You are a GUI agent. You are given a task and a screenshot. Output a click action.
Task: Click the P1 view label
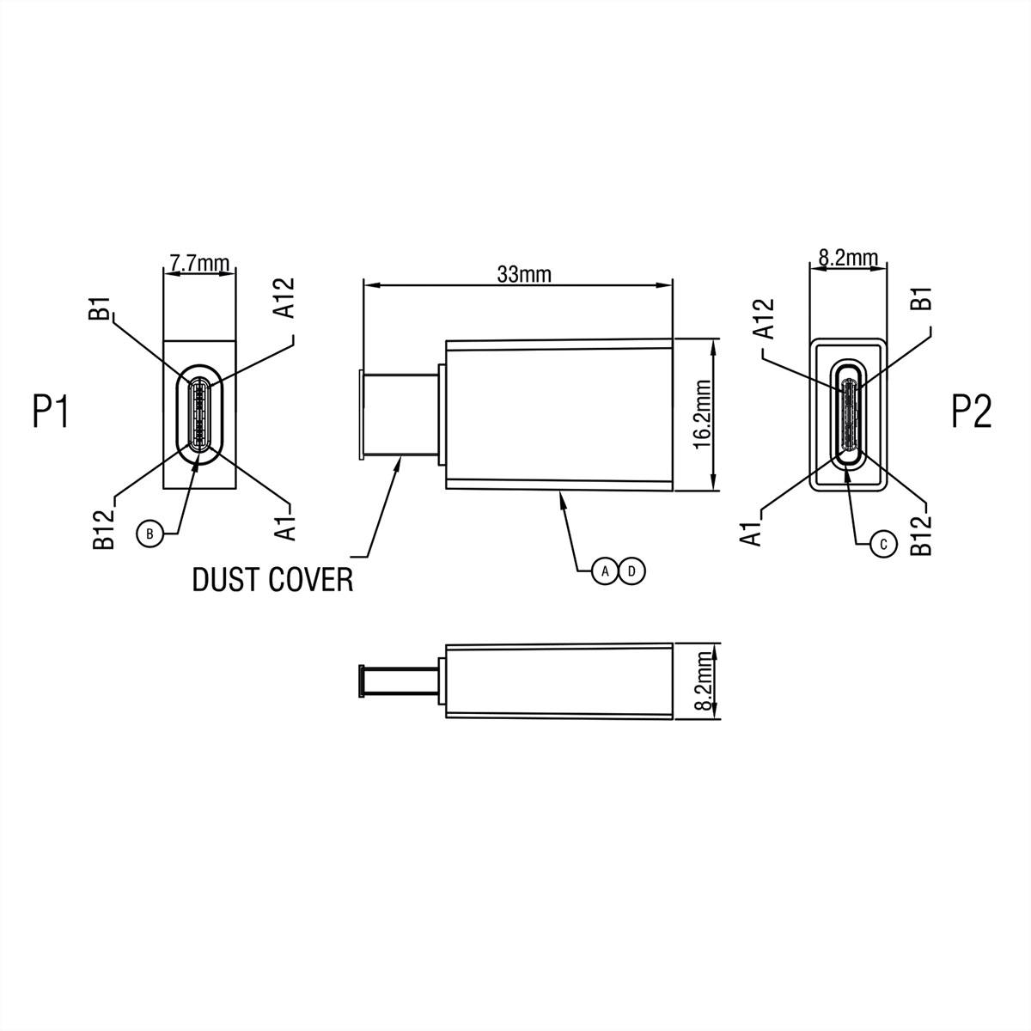click(50, 412)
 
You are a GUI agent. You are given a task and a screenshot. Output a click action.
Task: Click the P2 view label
click(972, 412)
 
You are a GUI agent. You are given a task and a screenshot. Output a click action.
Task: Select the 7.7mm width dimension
click(198, 263)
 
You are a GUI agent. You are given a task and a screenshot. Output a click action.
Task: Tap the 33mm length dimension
click(524, 274)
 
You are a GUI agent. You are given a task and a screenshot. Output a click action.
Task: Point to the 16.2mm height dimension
click(701, 415)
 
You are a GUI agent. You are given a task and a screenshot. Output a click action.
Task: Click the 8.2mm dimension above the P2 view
click(849, 257)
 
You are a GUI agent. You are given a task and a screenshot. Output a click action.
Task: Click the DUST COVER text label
click(272, 580)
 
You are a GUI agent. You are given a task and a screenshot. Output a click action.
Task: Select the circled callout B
click(149, 534)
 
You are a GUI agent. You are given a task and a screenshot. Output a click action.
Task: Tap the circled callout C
click(882, 543)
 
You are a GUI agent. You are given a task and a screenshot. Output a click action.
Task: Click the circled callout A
click(605, 570)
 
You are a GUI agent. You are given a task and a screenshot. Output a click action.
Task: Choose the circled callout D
click(632, 570)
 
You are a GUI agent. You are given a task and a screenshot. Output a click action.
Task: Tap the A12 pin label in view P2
click(764, 319)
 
